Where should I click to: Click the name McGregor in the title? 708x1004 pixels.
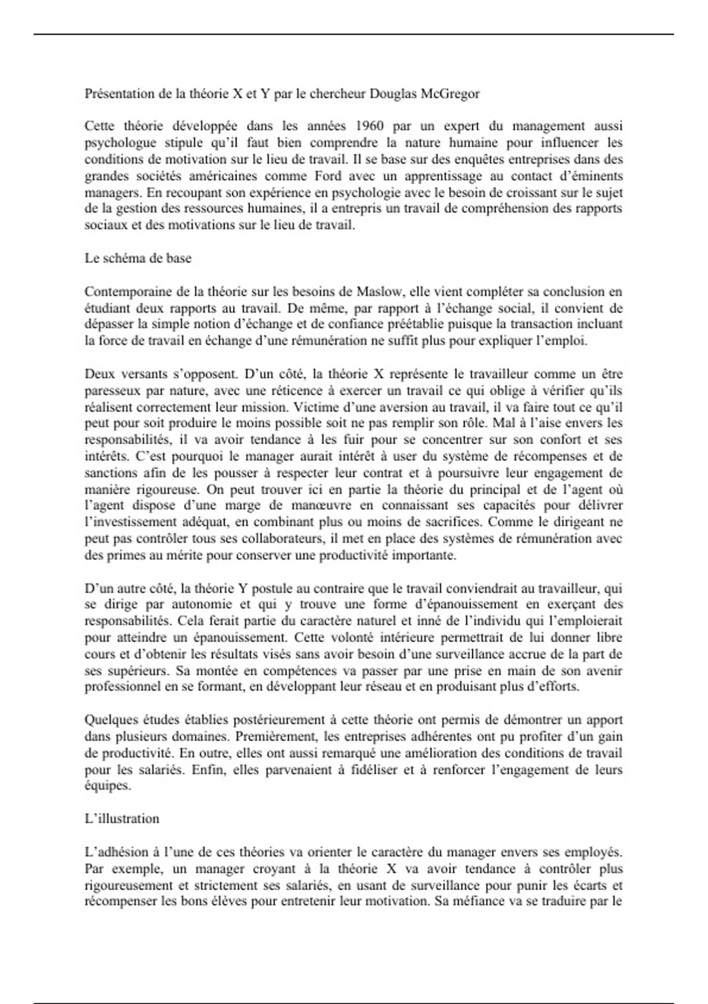[x=450, y=93]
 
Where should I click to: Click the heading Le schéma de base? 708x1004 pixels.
[x=138, y=258]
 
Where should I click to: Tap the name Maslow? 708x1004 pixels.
[x=378, y=291]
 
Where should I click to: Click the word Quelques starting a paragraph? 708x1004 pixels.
[x=110, y=720]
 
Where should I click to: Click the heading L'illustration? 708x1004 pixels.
[x=122, y=819]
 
